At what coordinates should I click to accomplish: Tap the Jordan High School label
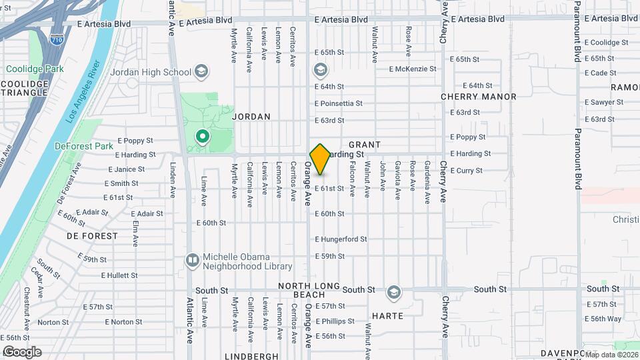coord(150,72)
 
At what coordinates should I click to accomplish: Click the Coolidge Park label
coord(34,69)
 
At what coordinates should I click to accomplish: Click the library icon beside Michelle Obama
coord(193,259)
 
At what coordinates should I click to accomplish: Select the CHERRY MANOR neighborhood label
coord(479,97)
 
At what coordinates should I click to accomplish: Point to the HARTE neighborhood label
coord(387,315)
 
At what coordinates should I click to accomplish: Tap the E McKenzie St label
coord(413,69)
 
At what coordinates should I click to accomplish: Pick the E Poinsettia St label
coord(339,103)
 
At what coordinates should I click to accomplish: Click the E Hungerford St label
coord(341,239)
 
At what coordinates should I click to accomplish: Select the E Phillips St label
coord(335,321)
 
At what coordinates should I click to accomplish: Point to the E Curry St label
coord(466,171)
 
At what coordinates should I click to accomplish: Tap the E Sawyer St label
coord(604,103)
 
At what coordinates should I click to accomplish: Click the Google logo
coord(22,352)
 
